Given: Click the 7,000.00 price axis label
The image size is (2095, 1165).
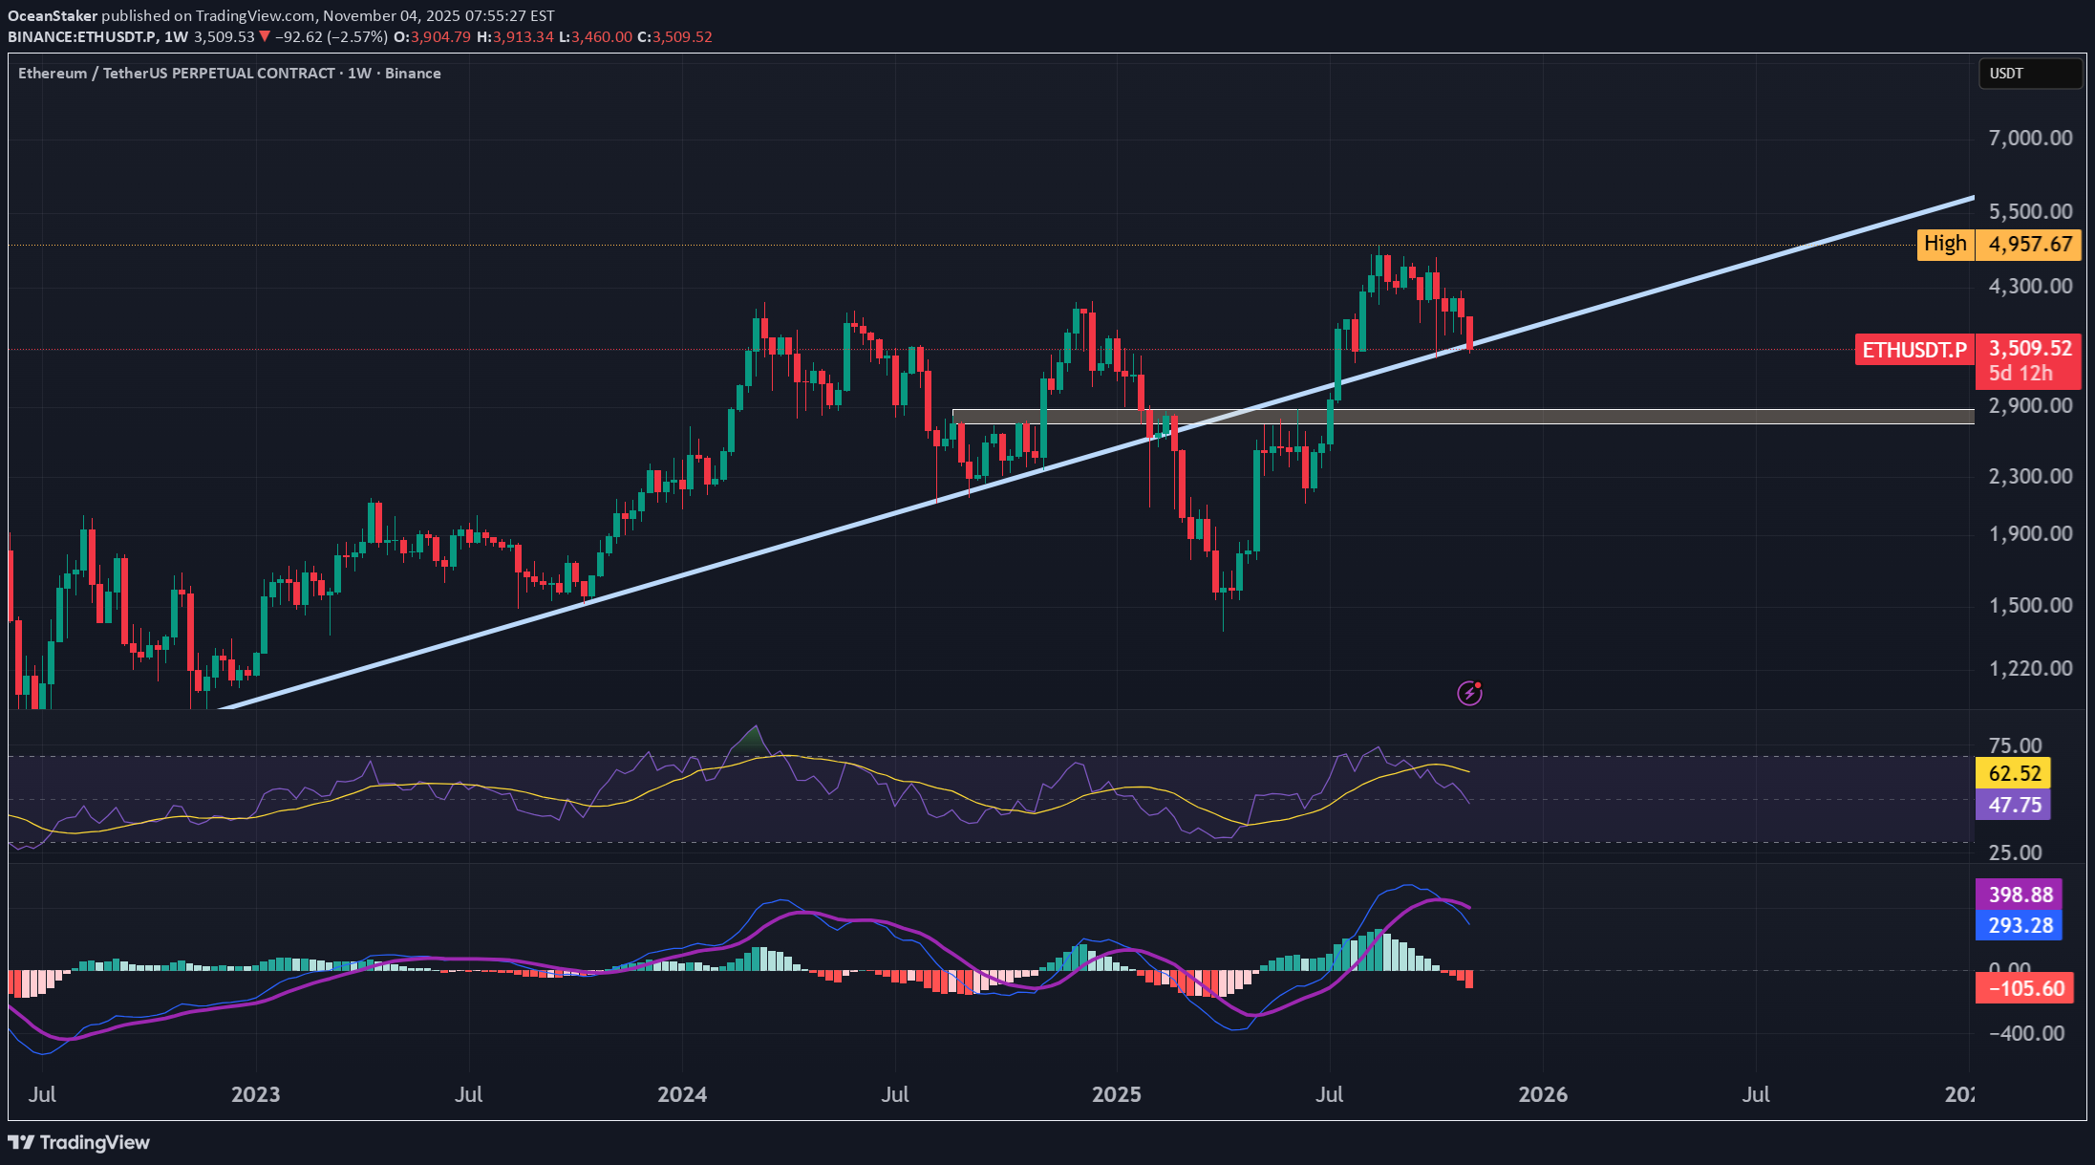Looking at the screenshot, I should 2030,138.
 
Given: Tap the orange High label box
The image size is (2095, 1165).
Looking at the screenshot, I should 1945,245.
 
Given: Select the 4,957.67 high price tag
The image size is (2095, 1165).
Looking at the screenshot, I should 2029,245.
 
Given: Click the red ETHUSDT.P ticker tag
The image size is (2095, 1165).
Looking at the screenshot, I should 1914,350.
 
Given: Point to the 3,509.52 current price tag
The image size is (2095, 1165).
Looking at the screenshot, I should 2029,349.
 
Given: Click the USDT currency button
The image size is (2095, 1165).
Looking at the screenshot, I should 2029,74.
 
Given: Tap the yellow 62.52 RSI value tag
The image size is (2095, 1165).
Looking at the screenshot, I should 2015,773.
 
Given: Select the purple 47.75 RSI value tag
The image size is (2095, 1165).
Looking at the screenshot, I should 2015,805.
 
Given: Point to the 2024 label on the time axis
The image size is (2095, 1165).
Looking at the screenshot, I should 682,1094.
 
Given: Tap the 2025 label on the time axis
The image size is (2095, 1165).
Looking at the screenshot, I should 1116,1094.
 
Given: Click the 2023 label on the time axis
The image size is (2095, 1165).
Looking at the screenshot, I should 255,1094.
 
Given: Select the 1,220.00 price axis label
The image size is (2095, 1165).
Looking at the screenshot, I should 2030,668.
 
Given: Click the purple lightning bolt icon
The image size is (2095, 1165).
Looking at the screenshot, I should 1469,693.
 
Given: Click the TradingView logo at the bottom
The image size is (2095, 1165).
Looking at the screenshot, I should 79,1142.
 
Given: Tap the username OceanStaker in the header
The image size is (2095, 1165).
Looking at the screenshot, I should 53,16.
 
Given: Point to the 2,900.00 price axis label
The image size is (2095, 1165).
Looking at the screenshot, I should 2030,405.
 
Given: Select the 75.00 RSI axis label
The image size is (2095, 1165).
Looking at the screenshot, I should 2015,745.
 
